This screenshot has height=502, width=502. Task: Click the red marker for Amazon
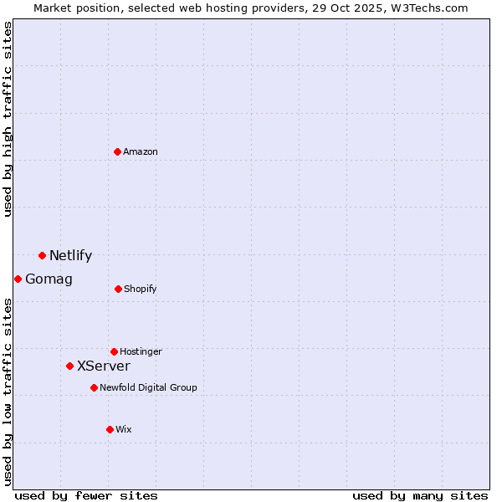coord(118,151)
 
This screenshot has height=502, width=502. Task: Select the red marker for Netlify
coord(42,255)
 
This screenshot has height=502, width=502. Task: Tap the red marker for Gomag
coord(18,279)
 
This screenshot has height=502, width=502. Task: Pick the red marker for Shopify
coord(118,289)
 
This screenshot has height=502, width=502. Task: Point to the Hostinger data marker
coord(114,351)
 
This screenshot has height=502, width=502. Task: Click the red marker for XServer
coord(69,366)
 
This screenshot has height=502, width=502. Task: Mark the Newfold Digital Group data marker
coord(94,387)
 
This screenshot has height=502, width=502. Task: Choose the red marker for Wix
coord(110,429)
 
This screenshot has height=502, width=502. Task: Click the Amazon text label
coord(141,151)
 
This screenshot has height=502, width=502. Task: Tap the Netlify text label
coord(70,256)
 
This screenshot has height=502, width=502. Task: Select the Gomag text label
coord(49,279)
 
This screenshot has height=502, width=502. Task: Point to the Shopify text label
coord(141,289)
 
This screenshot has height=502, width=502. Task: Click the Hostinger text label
coord(141,351)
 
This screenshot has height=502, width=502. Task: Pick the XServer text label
coord(104,366)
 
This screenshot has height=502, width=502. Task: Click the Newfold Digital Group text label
coord(148,387)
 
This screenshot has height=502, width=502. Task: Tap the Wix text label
coord(124,429)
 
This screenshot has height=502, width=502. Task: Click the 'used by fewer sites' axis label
coord(86,495)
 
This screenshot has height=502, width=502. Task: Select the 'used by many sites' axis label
coord(420,495)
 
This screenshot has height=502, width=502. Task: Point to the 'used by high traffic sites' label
coord(8,119)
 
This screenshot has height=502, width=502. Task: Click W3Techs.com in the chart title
coord(427,8)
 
